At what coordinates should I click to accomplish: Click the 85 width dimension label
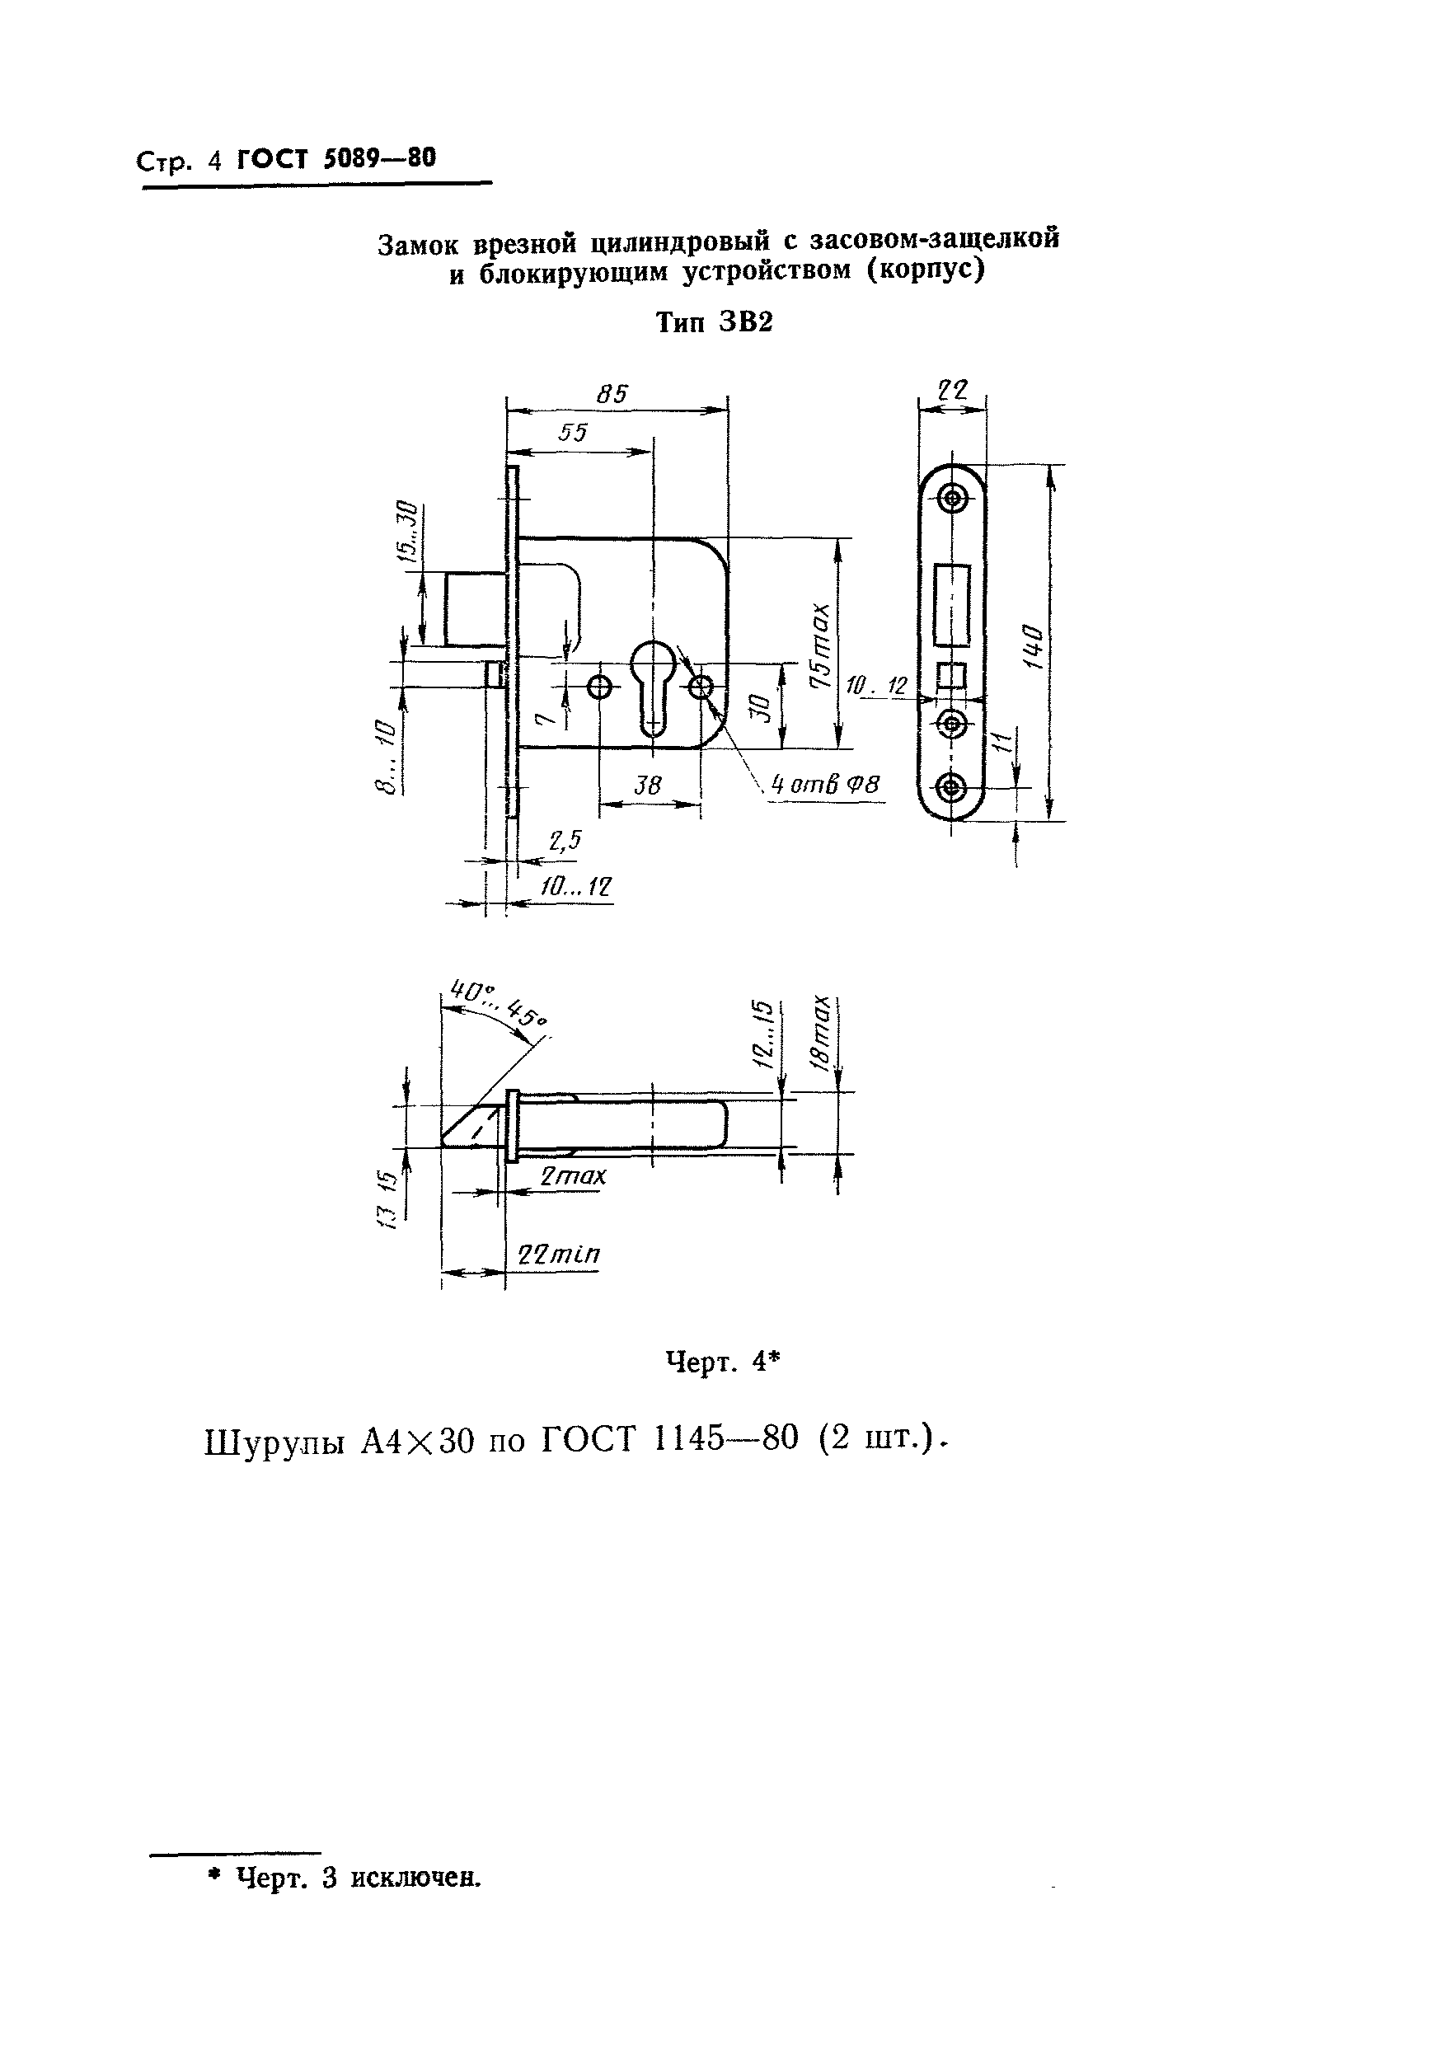coord(612,394)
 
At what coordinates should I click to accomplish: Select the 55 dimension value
coord(573,433)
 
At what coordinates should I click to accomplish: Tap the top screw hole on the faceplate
coord(953,498)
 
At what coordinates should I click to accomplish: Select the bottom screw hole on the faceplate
coord(953,787)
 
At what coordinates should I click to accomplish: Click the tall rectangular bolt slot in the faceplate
coord(952,605)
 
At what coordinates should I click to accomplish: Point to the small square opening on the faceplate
coord(952,676)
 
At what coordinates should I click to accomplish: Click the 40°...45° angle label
coord(498,1003)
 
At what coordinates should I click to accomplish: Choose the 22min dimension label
coord(559,1254)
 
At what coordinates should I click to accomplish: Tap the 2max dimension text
coord(574,1175)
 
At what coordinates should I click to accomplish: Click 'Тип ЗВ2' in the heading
coord(714,322)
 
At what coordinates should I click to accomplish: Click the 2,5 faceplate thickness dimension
coord(565,840)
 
